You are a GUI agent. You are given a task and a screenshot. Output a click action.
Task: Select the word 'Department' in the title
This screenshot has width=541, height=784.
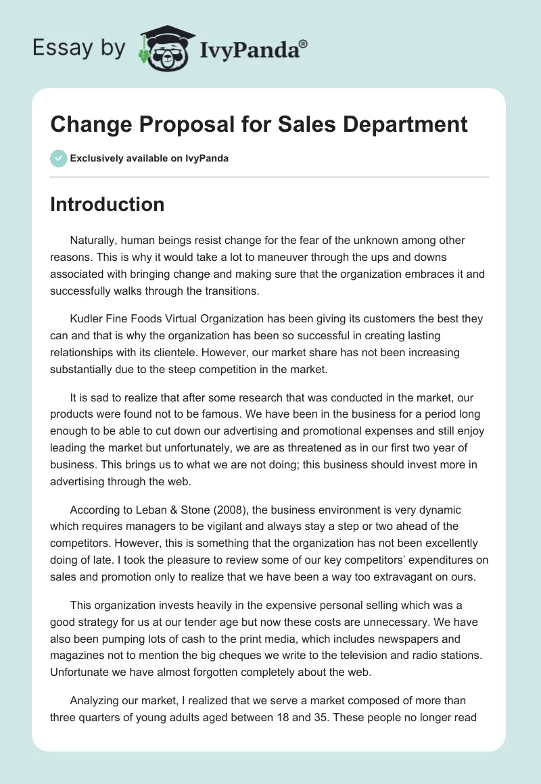402,124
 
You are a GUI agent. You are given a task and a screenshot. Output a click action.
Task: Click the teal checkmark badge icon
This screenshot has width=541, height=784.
58,158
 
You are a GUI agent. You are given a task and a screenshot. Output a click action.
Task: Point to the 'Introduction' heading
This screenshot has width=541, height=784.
107,204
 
